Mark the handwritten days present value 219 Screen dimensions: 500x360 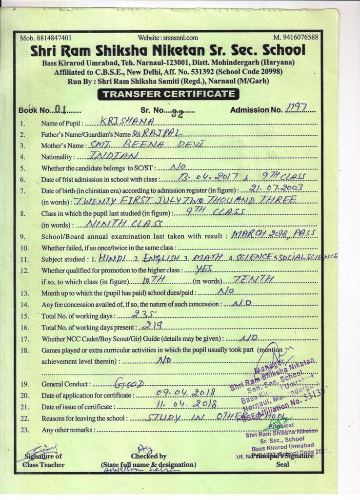coord(151,326)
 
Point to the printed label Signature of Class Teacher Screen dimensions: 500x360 coord(44,460)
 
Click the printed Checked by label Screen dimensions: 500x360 coord(148,456)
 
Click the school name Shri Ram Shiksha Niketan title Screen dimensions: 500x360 coord(168,50)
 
